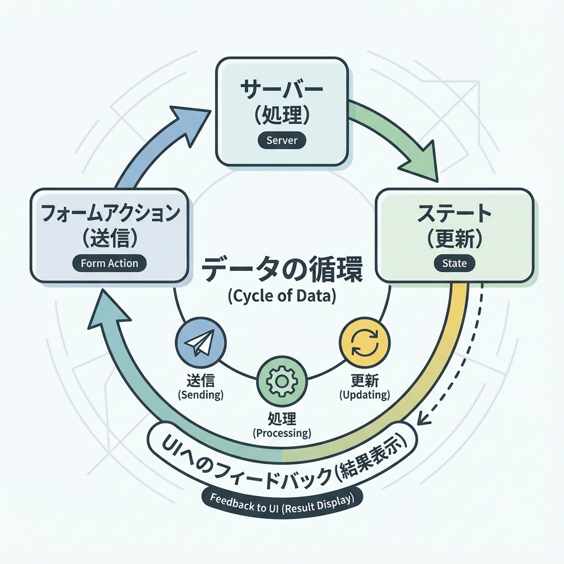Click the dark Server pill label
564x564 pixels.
pyautogui.click(x=281, y=140)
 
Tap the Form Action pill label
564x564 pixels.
pyautogui.click(x=109, y=263)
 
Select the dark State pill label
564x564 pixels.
pyautogui.click(x=454, y=263)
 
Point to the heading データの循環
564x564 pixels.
pyautogui.click(x=281, y=271)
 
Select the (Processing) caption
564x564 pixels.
pyautogui.click(x=281, y=433)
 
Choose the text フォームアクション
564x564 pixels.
pyautogui.click(x=109, y=213)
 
